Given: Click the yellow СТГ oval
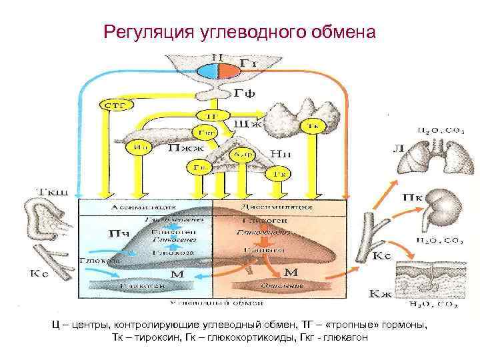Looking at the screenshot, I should click(x=117, y=104).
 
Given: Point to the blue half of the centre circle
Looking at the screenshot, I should click(x=209, y=71).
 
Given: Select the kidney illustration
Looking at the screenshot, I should click(x=441, y=204).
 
